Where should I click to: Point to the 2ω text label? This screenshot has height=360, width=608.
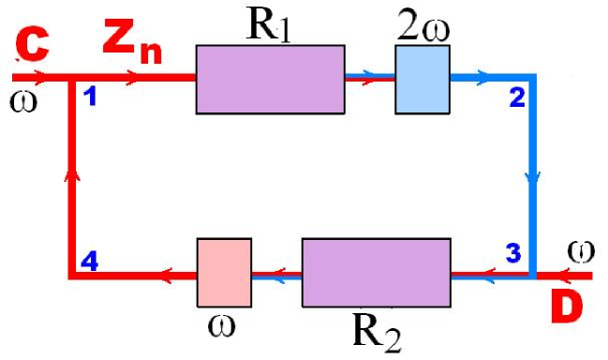(x=423, y=25)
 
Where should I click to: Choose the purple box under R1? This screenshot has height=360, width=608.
(x=270, y=80)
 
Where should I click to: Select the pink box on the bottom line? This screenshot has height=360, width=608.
(x=225, y=273)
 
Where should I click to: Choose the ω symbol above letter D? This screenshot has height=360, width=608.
(x=581, y=251)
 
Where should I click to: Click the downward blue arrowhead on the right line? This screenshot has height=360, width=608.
(x=534, y=177)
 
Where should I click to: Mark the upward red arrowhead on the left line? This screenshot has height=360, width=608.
(x=72, y=174)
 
